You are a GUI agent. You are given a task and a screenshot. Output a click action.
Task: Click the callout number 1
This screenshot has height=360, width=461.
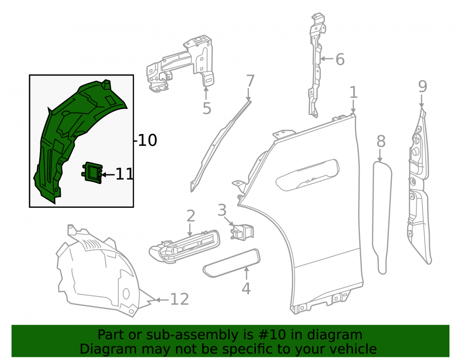click(x=354, y=92)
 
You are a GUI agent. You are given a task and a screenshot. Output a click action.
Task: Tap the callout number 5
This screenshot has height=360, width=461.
click(x=207, y=108)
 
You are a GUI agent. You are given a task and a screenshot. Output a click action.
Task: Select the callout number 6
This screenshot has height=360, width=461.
click(x=340, y=59)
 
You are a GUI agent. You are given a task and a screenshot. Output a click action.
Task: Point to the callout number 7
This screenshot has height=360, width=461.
click(x=250, y=81)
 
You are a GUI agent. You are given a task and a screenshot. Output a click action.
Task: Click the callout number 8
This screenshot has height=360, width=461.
click(x=381, y=142)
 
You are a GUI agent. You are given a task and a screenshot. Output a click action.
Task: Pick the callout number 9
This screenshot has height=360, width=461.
click(x=422, y=86)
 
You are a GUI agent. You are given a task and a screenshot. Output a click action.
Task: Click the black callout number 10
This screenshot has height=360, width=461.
click(x=148, y=140)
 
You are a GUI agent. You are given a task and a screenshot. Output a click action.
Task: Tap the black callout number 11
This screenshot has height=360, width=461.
click(x=124, y=174)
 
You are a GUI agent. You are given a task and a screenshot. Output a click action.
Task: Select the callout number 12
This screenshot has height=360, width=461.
click(x=179, y=300)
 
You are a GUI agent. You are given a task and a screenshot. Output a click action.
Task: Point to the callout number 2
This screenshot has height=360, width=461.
click(x=191, y=216)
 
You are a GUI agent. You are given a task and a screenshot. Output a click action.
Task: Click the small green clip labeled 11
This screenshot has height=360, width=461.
click(x=92, y=172)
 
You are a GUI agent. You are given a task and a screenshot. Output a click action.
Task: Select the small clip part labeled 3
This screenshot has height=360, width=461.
click(x=242, y=231)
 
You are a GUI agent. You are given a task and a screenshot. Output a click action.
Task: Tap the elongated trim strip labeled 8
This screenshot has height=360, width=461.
click(x=382, y=218)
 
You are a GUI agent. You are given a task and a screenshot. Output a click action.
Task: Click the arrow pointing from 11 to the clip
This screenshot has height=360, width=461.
click(x=108, y=175)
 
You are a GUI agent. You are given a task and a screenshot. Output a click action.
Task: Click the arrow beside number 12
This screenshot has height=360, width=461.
click(x=162, y=300)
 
